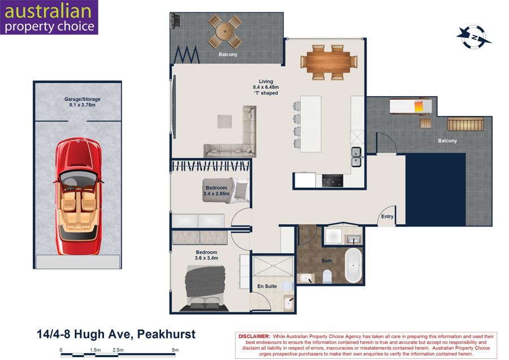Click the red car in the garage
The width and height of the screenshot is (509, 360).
click(x=78, y=196)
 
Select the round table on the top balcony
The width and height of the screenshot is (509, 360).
click(x=225, y=32)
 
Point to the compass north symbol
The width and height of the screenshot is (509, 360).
click(x=473, y=37)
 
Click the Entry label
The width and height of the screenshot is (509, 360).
click(x=387, y=216)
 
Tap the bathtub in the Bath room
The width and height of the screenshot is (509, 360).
click(x=353, y=265)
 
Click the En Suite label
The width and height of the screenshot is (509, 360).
click(x=267, y=286)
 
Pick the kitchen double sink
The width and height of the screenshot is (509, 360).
click(x=356, y=157)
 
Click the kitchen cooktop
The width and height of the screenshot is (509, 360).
click(x=333, y=181)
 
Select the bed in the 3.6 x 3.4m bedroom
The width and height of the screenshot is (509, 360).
click(x=205, y=287)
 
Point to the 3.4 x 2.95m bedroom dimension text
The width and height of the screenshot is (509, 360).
click(x=216, y=194)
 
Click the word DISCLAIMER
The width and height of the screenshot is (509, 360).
click(x=254, y=337)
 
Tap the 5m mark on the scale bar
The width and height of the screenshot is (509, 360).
click(x=175, y=350)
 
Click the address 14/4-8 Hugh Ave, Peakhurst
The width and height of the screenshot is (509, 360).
click(x=116, y=334)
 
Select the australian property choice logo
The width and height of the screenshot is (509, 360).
click(x=49, y=17)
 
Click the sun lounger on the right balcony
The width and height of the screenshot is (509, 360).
click(x=411, y=106)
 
